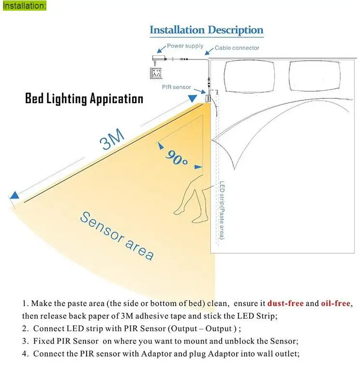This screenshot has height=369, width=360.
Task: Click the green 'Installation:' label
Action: [x=24, y=6]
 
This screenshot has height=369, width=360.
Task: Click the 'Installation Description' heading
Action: [x=206, y=30]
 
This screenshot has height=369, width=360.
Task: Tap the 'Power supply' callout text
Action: [x=185, y=46]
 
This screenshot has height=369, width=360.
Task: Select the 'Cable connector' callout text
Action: [x=237, y=48]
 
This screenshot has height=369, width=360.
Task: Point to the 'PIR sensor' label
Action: [x=176, y=87]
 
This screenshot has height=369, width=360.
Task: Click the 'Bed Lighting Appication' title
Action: [x=84, y=99]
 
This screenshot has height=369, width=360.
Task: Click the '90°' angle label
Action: [x=176, y=157]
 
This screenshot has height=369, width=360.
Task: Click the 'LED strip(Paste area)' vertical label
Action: [x=221, y=210]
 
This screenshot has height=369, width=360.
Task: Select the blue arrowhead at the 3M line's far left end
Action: [x=15, y=196]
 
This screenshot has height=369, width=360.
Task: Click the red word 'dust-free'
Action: [x=285, y=304]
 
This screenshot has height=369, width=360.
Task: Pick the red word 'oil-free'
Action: [x=336, y=304]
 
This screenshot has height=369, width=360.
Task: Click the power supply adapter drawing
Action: [x=158, y=59]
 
